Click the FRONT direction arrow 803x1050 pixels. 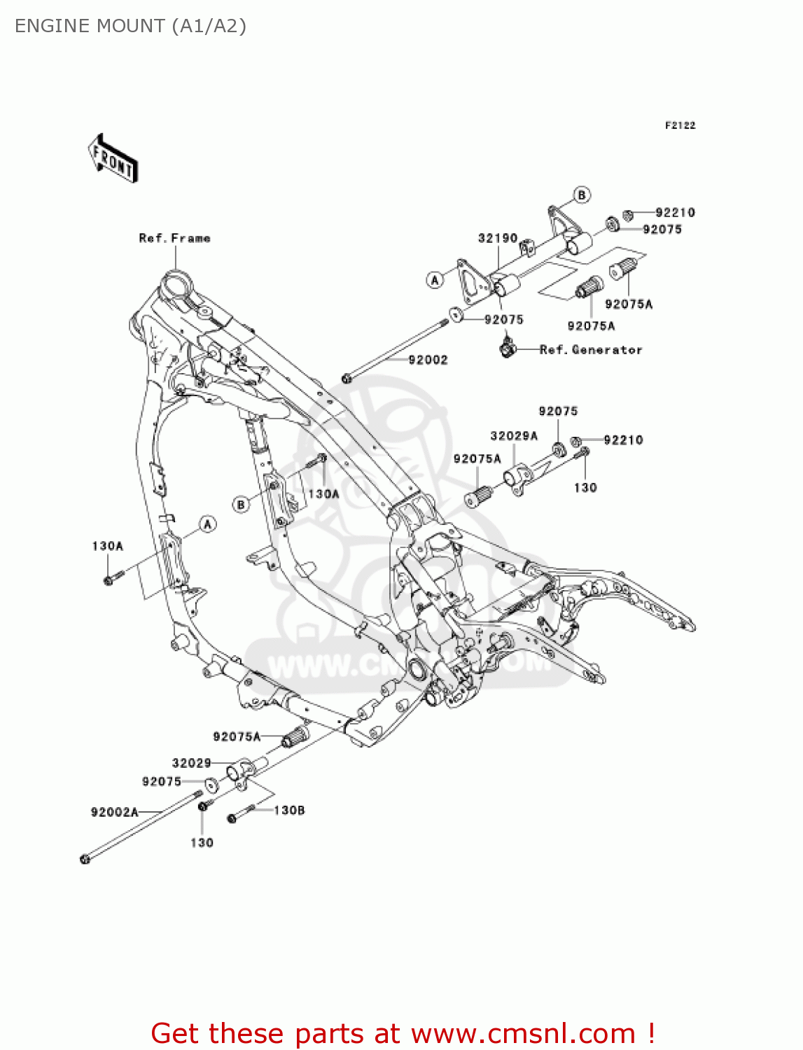pyautogui.click(x=112, y=159)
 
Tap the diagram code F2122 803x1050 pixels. pyautogui.click(x=680, y=125)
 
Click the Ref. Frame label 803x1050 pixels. pyautogui.click(x=174, y=238)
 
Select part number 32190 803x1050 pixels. pyautogui.click(x=498, y=238)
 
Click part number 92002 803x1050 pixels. pyautogui.click(x=428, y=360)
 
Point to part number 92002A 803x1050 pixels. pyautogui.click(x=115, y=812)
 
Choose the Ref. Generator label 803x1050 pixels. pyautogui.click(x=591, y=349)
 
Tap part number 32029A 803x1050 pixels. pyautogui.click(x=514, y=436)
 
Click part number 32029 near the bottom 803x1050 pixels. pyautogui.click(x=191, y=763)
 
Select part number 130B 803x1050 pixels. pyautogui.click(x=289, y=810)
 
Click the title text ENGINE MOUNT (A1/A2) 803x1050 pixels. pyautogui.click(x=130, y=26)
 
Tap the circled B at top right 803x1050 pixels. pyautogui.click(x=582, y=195)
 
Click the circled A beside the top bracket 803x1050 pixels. pyautogui.click(x=435, y=280)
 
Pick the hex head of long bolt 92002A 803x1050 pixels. pyautogui.click(x=85, y=859)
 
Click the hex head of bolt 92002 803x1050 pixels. pyautogui.click(x=347, y=379)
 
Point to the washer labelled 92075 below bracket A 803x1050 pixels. pyautogui.click(x=456, y=314)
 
